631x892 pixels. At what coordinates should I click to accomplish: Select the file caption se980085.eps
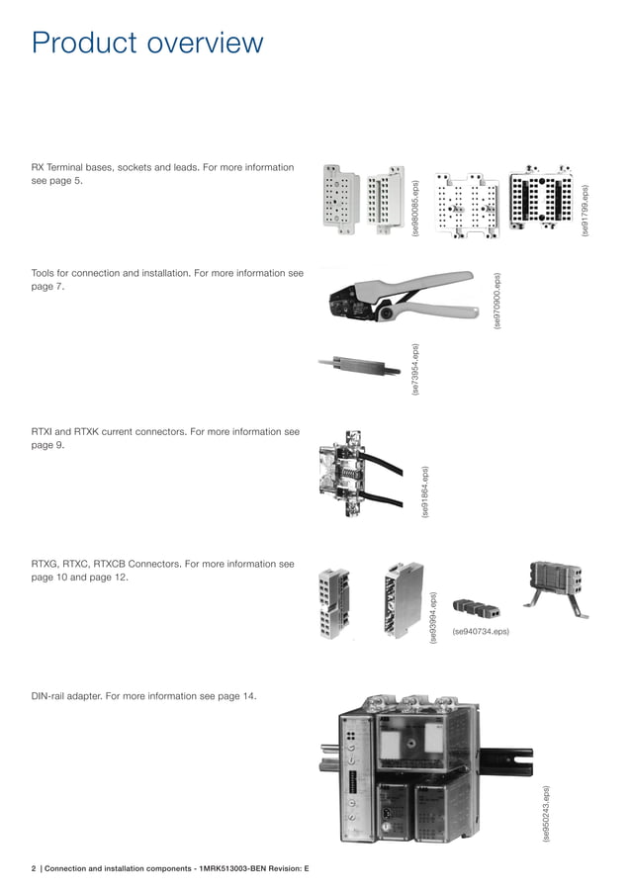(x=415, y=208)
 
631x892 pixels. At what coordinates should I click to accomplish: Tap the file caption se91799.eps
(x=586, y=210)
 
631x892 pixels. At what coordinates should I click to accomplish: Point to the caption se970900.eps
(x=497, y=301)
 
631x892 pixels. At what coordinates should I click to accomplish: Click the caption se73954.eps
(x=415, y=369)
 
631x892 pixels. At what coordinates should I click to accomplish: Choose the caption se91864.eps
(x=425, y=492)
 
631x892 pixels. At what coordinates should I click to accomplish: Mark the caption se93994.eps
(x=433, y=618)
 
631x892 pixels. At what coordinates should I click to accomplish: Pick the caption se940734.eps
(x=481, y=632)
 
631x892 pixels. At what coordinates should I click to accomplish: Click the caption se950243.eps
(x=546, y=814)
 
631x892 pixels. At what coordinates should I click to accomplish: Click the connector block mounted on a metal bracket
(x=555, y=589)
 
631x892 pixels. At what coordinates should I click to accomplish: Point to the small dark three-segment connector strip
(x=477, y=608)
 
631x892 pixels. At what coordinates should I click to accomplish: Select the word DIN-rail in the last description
(x=47, y=696)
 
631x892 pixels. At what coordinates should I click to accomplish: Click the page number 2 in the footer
(x=34, y=868)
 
